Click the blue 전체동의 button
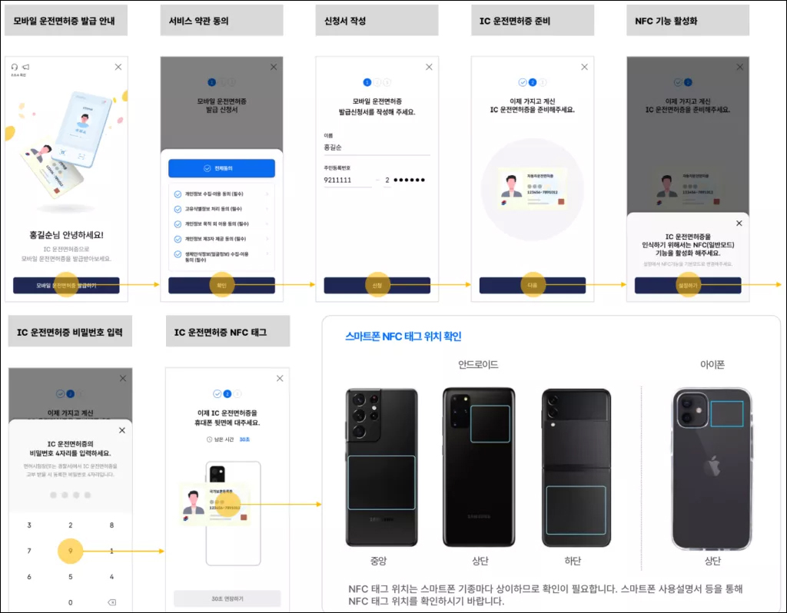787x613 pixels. (x=221, y=168)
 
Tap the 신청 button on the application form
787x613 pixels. (x=377, y=285)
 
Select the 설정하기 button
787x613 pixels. (x=688, y=285)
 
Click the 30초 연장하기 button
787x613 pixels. (x=227, y=598)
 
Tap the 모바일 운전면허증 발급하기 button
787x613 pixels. (x=66, y=285)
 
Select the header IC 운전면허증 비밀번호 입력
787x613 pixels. (x=70, y=332)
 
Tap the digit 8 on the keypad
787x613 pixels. (x=111, y=525)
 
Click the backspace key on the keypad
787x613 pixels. (x=111, y=602)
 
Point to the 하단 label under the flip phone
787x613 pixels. (x=573, y=561)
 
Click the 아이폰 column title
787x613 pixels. (x=712, y=364)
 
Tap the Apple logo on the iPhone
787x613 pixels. (x=712, y=466)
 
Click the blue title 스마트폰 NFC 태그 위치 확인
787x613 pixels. (x=403, y=336)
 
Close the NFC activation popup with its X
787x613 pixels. (x=739, y=223)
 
